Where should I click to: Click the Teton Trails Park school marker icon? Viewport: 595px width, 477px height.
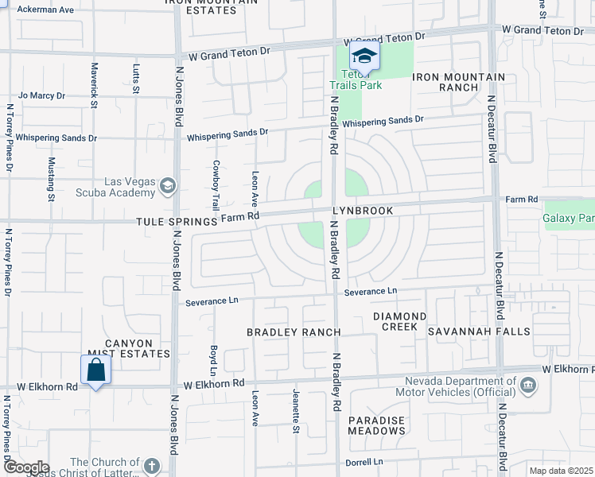click(364, 56)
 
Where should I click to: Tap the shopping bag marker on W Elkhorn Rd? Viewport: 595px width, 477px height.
click(95, 370)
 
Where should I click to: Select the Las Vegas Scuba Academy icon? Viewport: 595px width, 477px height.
click(168, 186)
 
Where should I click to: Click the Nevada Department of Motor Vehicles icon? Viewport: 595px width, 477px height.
click(527, 386)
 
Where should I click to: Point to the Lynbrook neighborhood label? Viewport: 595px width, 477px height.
click(363, 211)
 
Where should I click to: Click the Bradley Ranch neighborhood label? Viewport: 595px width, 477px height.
click(294, 332)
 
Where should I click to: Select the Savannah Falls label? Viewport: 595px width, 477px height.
click(479, 331)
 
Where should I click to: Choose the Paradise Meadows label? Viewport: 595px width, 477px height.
click(376, 425)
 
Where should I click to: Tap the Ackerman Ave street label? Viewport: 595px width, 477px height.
click(45, 10)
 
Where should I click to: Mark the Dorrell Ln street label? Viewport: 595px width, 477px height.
click(364, 462)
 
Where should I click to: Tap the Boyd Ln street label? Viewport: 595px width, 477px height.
click(213, 360)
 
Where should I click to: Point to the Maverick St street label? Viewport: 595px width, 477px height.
click(93, 85)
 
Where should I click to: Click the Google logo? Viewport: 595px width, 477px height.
click(25, 467)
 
